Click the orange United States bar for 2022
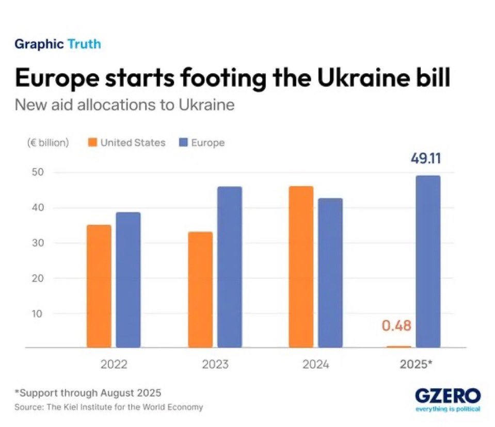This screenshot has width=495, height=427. (x=99, y=286)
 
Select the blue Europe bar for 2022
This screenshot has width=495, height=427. (x=128, y=280)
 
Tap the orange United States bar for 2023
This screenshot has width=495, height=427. (x=200, y=290)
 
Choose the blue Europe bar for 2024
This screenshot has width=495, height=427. (x=330, y=273)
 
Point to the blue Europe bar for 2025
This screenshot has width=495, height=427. (x=428, y=262)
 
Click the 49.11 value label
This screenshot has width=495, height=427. (x=425, y=158)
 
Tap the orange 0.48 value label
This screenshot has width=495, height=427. (x=396, y=326)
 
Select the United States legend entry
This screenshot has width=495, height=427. (x=126, y=143)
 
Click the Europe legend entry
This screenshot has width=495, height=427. (x=202, y=143)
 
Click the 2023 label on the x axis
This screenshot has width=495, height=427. (x=215, y=365)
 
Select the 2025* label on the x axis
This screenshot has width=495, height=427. (x=416, y=365)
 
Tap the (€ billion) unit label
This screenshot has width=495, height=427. (x=47, y=143)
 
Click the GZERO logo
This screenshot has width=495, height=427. (x=448, y=398)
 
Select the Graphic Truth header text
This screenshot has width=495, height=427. (x=58, y=44)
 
